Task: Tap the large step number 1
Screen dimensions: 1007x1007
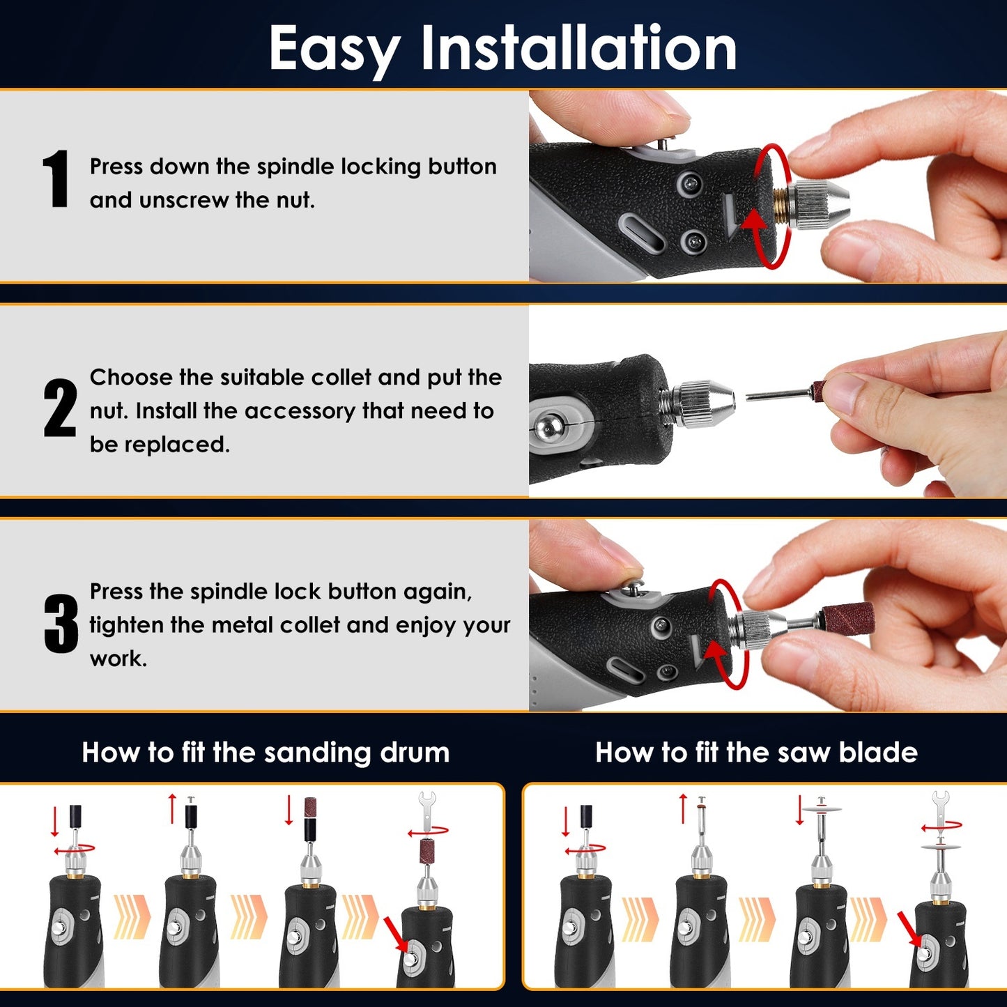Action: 56,179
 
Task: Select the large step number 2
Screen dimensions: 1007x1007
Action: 59,408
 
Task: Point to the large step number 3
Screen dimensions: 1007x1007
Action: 61,624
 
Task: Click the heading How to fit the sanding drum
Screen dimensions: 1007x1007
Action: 266,753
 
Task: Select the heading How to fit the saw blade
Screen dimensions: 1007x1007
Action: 756,753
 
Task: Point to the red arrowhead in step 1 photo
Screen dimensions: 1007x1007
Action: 753,220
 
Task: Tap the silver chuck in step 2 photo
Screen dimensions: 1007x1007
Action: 700,403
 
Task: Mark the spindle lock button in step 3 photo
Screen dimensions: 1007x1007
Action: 633,590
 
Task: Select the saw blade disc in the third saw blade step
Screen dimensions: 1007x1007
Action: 822,809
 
